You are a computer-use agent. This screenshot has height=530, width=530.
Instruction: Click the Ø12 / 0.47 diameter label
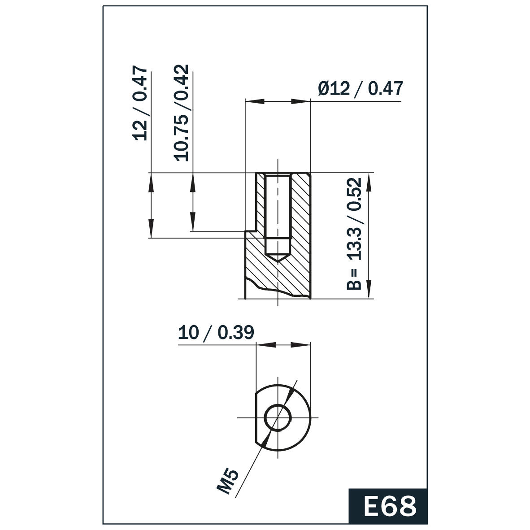(361, 88)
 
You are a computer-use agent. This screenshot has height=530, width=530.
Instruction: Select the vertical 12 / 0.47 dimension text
(141, 104)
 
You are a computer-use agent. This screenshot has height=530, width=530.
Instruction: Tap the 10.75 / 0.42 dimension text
(182, 113)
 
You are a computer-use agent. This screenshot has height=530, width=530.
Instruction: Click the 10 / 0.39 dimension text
(216, 333)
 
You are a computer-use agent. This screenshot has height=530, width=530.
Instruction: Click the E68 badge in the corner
(388, 506)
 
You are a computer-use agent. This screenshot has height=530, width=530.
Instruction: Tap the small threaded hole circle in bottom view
(278, 417)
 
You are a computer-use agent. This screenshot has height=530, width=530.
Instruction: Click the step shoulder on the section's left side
(251, 231)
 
